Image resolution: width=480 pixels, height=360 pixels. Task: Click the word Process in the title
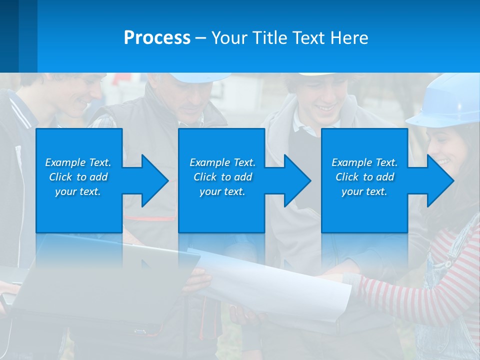[x=157, y=38]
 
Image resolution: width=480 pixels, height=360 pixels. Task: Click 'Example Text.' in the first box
[x=78, y=162]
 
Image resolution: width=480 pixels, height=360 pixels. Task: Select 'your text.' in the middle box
[x=222, y=191]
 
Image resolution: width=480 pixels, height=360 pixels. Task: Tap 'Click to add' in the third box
[x=364, y=177]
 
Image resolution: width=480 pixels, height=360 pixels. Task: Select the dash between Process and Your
[x=201, y=38]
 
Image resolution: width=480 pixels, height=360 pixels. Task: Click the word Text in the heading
[x=308, y=38]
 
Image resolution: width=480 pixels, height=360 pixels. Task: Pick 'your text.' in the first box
[x=78, y=191]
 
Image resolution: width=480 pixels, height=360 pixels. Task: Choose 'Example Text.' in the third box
[x=364, y=162]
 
